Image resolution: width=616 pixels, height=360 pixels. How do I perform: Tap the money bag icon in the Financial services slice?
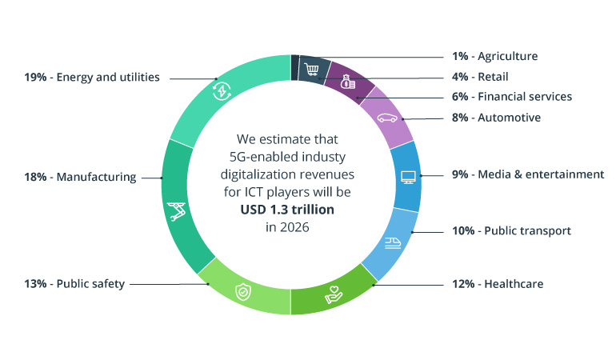point(346,82)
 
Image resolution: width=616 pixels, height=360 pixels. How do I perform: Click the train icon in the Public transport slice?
point(393,241)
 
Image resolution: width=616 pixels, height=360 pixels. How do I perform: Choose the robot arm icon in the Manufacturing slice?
point(177,212)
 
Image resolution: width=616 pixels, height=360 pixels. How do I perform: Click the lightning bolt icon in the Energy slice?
point(221,90)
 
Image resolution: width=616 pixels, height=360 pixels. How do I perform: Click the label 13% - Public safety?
point(74,284)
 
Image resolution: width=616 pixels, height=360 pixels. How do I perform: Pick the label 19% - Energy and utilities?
point(92,78)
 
